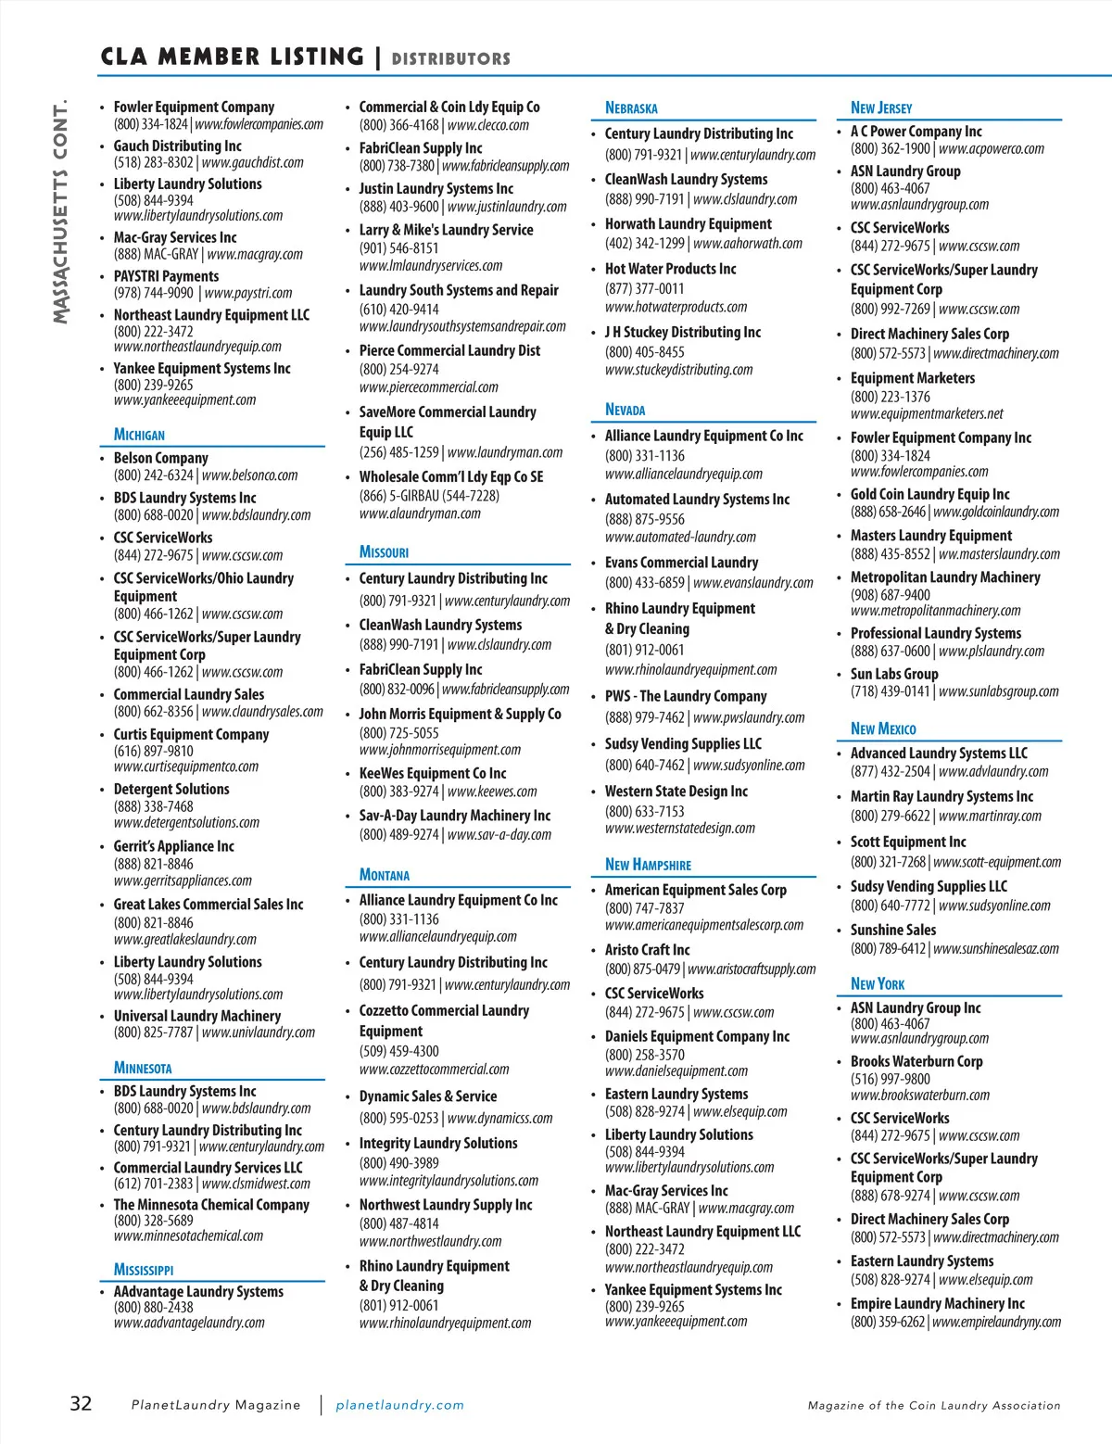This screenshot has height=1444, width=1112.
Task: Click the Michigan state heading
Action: click(139, 435)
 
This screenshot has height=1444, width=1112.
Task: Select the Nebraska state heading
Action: click(631, 108)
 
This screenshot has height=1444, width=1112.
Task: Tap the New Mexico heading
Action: click(883, 728)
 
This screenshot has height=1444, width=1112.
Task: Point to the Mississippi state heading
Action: click(144, 1270)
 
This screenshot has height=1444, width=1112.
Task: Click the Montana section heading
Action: click(385, 875)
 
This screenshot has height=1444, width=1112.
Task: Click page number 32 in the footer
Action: click(82, 1403)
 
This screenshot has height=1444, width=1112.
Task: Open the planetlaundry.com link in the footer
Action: click(399, 1405)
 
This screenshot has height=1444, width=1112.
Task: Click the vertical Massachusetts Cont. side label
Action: click(61, 212)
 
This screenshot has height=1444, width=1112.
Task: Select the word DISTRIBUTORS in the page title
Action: click(450, 59)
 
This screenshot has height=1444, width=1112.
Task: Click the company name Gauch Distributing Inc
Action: click(177, 146)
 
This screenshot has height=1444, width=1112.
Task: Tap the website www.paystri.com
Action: click(248, 293)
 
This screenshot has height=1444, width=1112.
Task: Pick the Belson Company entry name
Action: click(160, 458)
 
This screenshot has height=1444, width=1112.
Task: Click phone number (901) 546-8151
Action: click(398, 248)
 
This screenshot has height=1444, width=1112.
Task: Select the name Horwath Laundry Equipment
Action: click(688, 224)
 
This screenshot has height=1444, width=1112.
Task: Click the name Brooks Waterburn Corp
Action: click(916, 1061)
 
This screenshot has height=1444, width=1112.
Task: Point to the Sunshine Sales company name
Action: click(893, 930)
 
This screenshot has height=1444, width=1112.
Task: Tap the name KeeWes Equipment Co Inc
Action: click(433, 773)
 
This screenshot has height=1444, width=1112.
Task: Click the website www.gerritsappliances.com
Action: click(183, 880)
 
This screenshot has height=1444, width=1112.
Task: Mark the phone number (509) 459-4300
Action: click(398, 1051)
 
